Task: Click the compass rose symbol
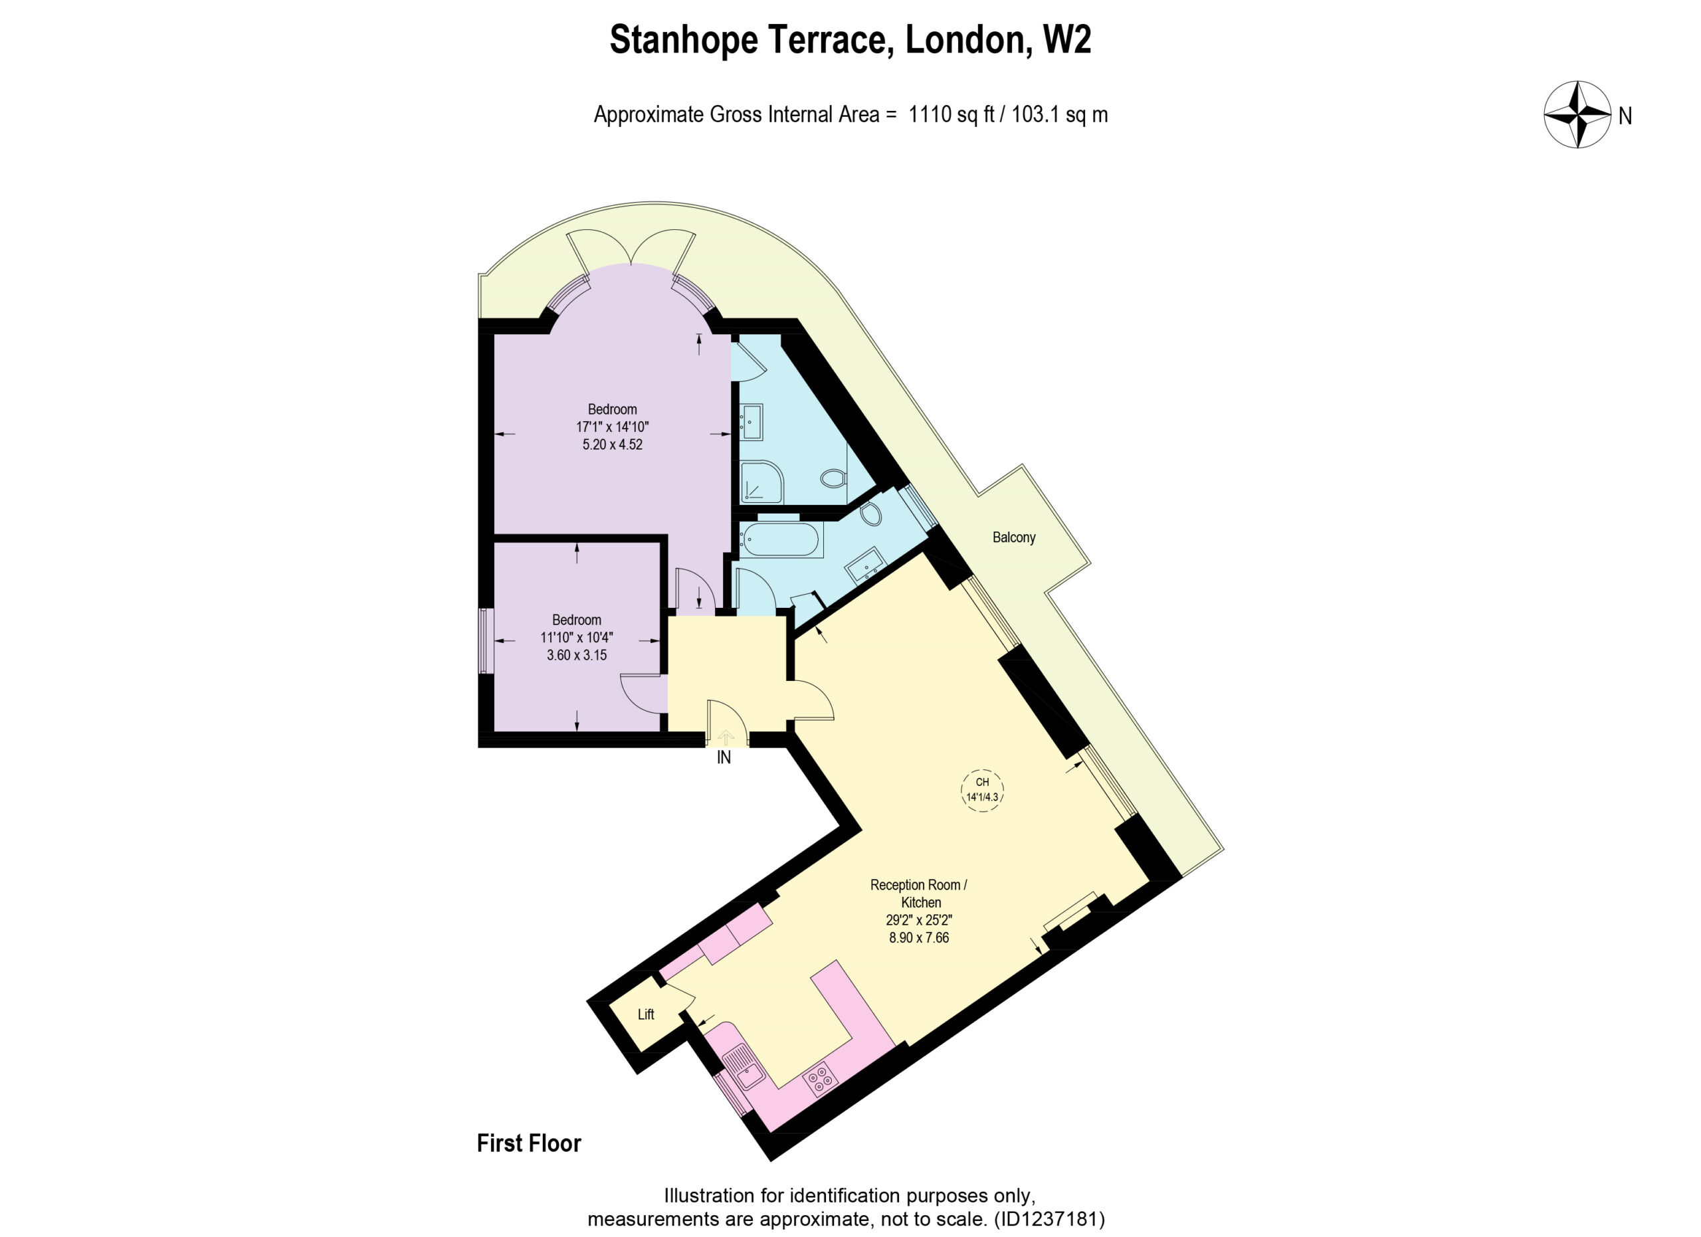tap(1577, 116)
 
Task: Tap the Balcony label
tap(1013, 537)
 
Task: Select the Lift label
tap(646, 1015)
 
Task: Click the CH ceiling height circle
tap(982, 789)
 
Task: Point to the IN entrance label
tap(724, 758)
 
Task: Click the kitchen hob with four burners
tap(819, 1079)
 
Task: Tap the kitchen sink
tap(745, 1068)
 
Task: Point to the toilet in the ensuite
tap(835, 477)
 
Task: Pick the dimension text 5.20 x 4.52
tap(612, 444)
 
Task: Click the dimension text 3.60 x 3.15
tap(576, 655)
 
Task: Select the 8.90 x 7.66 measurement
tap(919, 938)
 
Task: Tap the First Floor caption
tap(529, 1143)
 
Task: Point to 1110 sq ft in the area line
tap(951, 115)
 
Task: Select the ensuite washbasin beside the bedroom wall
tap(751, 422)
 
